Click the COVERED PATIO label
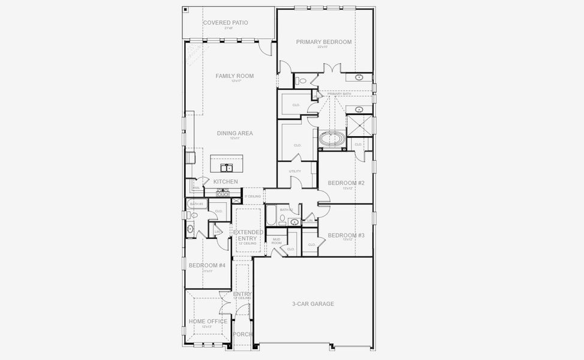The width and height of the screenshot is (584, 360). tap(225, 23)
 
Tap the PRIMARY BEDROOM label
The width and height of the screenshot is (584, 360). tap(324, 42)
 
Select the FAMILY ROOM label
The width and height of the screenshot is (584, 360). tap(234, 76)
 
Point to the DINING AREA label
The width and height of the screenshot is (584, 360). tap(234, 133)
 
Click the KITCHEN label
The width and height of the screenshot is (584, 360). tap(225, 182)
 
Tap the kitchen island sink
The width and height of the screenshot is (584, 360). tap(226, 167)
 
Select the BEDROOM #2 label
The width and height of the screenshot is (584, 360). tap(346, 183)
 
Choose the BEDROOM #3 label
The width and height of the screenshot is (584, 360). tap(346, 235)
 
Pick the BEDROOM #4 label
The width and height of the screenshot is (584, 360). tap(207, 265)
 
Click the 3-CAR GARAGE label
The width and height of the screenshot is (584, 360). tap(314, 304)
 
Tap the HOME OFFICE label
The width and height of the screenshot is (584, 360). tap(207, 322)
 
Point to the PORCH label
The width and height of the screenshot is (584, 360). tap(243, 334)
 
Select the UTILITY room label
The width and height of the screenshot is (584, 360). tap(295, 171)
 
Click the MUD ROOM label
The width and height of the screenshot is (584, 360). tap(276, 241)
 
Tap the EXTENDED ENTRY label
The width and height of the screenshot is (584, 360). tap(248, 235)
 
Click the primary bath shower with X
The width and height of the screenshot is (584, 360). tap(359, 126)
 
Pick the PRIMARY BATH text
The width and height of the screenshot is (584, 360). tap(339, 94)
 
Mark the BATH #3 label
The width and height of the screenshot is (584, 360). tap(197, 204)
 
